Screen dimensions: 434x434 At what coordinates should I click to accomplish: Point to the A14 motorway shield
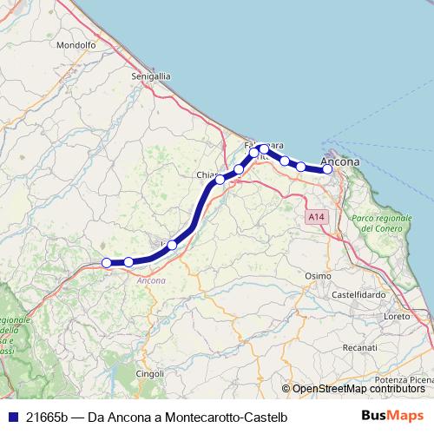click(314, 214)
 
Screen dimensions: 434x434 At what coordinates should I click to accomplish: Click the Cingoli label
click(149, 373)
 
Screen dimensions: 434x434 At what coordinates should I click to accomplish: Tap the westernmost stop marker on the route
click(107, 262)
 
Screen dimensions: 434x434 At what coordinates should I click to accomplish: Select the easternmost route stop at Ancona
click(328, 169)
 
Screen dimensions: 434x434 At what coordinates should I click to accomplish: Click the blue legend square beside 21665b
click(12, 416)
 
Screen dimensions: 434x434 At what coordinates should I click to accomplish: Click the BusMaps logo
click(392, 416)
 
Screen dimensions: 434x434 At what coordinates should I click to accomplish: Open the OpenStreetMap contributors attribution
click(358, 389)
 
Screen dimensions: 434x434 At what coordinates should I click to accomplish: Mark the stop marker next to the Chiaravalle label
click(220, 180)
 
